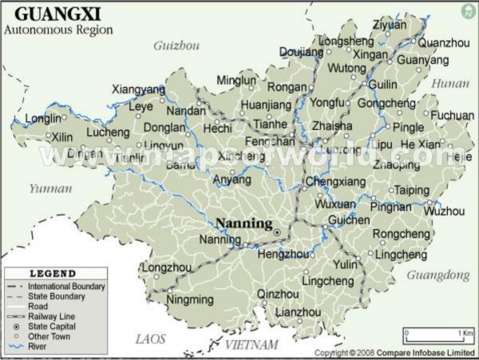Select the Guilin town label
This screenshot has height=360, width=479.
383,85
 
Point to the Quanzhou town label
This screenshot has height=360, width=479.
443,42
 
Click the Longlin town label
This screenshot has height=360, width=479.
43,118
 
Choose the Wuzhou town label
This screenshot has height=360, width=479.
444,212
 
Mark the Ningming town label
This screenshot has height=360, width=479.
190,300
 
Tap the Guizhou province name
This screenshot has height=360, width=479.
176,45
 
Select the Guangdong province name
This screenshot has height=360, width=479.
437,275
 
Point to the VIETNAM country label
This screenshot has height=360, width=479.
251,345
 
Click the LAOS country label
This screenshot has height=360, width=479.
150,339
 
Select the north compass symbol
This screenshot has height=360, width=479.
468,10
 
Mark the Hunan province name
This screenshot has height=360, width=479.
450,83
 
